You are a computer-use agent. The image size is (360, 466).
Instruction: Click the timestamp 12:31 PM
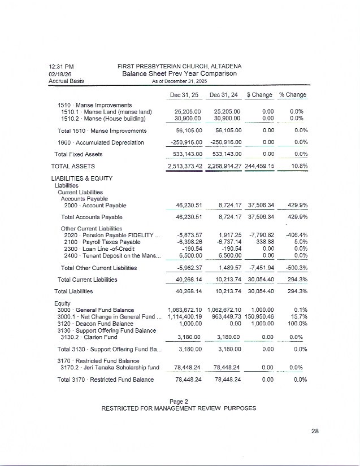(x=61, y=67)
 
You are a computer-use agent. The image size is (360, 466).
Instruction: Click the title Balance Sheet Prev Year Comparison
(x=179, y=73)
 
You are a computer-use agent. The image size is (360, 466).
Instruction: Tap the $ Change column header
(x=259, y=95)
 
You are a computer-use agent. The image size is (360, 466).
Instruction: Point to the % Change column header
(x=293, y=95)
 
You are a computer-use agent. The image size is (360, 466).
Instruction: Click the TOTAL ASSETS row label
(x=73, y=167)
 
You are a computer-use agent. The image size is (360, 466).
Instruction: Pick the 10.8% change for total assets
(x=298, y=167)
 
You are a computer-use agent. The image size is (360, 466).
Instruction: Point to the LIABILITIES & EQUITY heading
(x=82, y=178)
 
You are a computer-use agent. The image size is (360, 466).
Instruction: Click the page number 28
(x=315, y=432)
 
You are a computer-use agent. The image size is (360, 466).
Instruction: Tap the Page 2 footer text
(x=179, y=401)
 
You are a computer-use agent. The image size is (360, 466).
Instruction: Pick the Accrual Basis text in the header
(x=66, y=81)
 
